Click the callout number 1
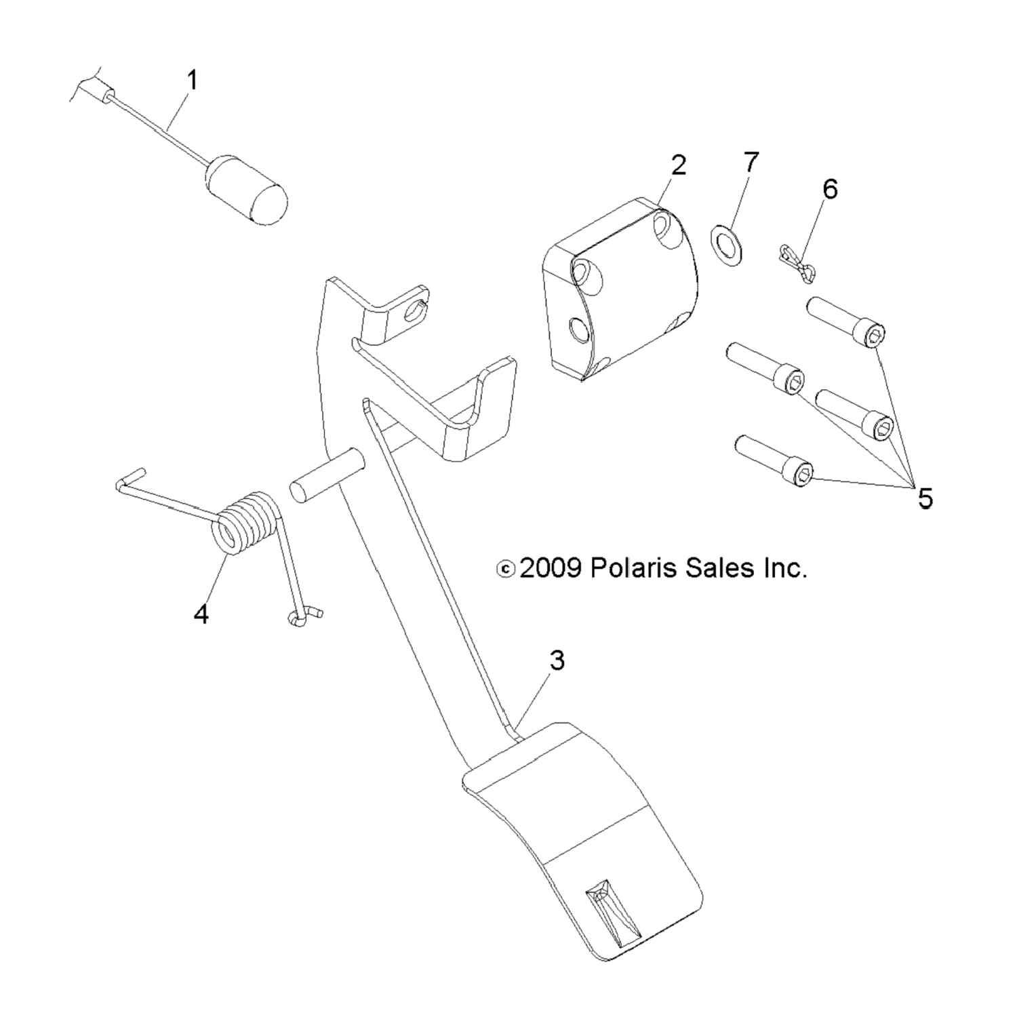click(193, 81)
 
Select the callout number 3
click(557, 660)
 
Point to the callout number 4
click(201, 614)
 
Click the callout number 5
click(925, 498)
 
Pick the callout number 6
click(830, 189)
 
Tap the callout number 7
click(751, 163)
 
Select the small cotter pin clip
click(794, 262)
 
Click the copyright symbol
click(506, 569)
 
